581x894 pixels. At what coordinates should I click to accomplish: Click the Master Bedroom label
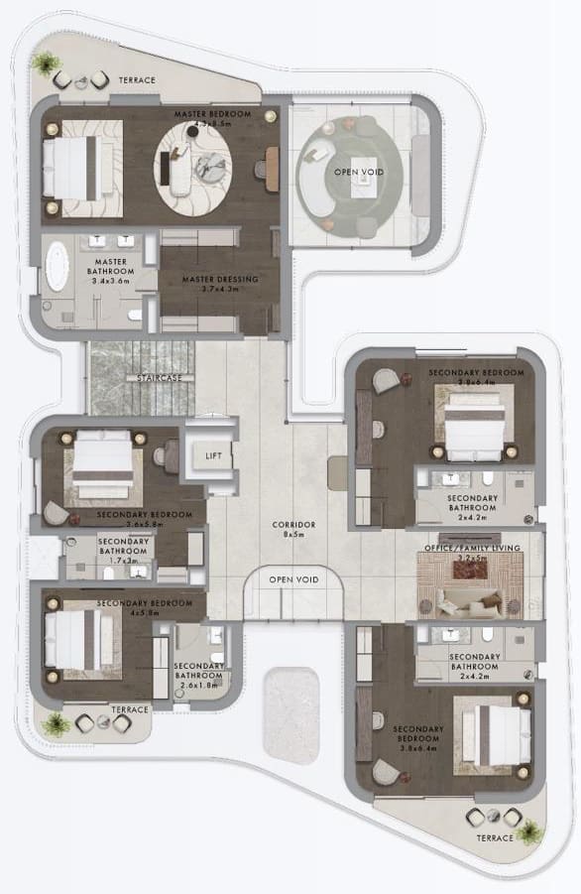212,115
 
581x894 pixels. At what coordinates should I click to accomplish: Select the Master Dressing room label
220,280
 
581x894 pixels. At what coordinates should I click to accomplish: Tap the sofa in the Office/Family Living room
470,598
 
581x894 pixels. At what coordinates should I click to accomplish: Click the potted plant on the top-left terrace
44,64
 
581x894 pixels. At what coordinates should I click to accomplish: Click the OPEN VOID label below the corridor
293,579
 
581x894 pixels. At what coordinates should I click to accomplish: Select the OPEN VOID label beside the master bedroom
358,173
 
